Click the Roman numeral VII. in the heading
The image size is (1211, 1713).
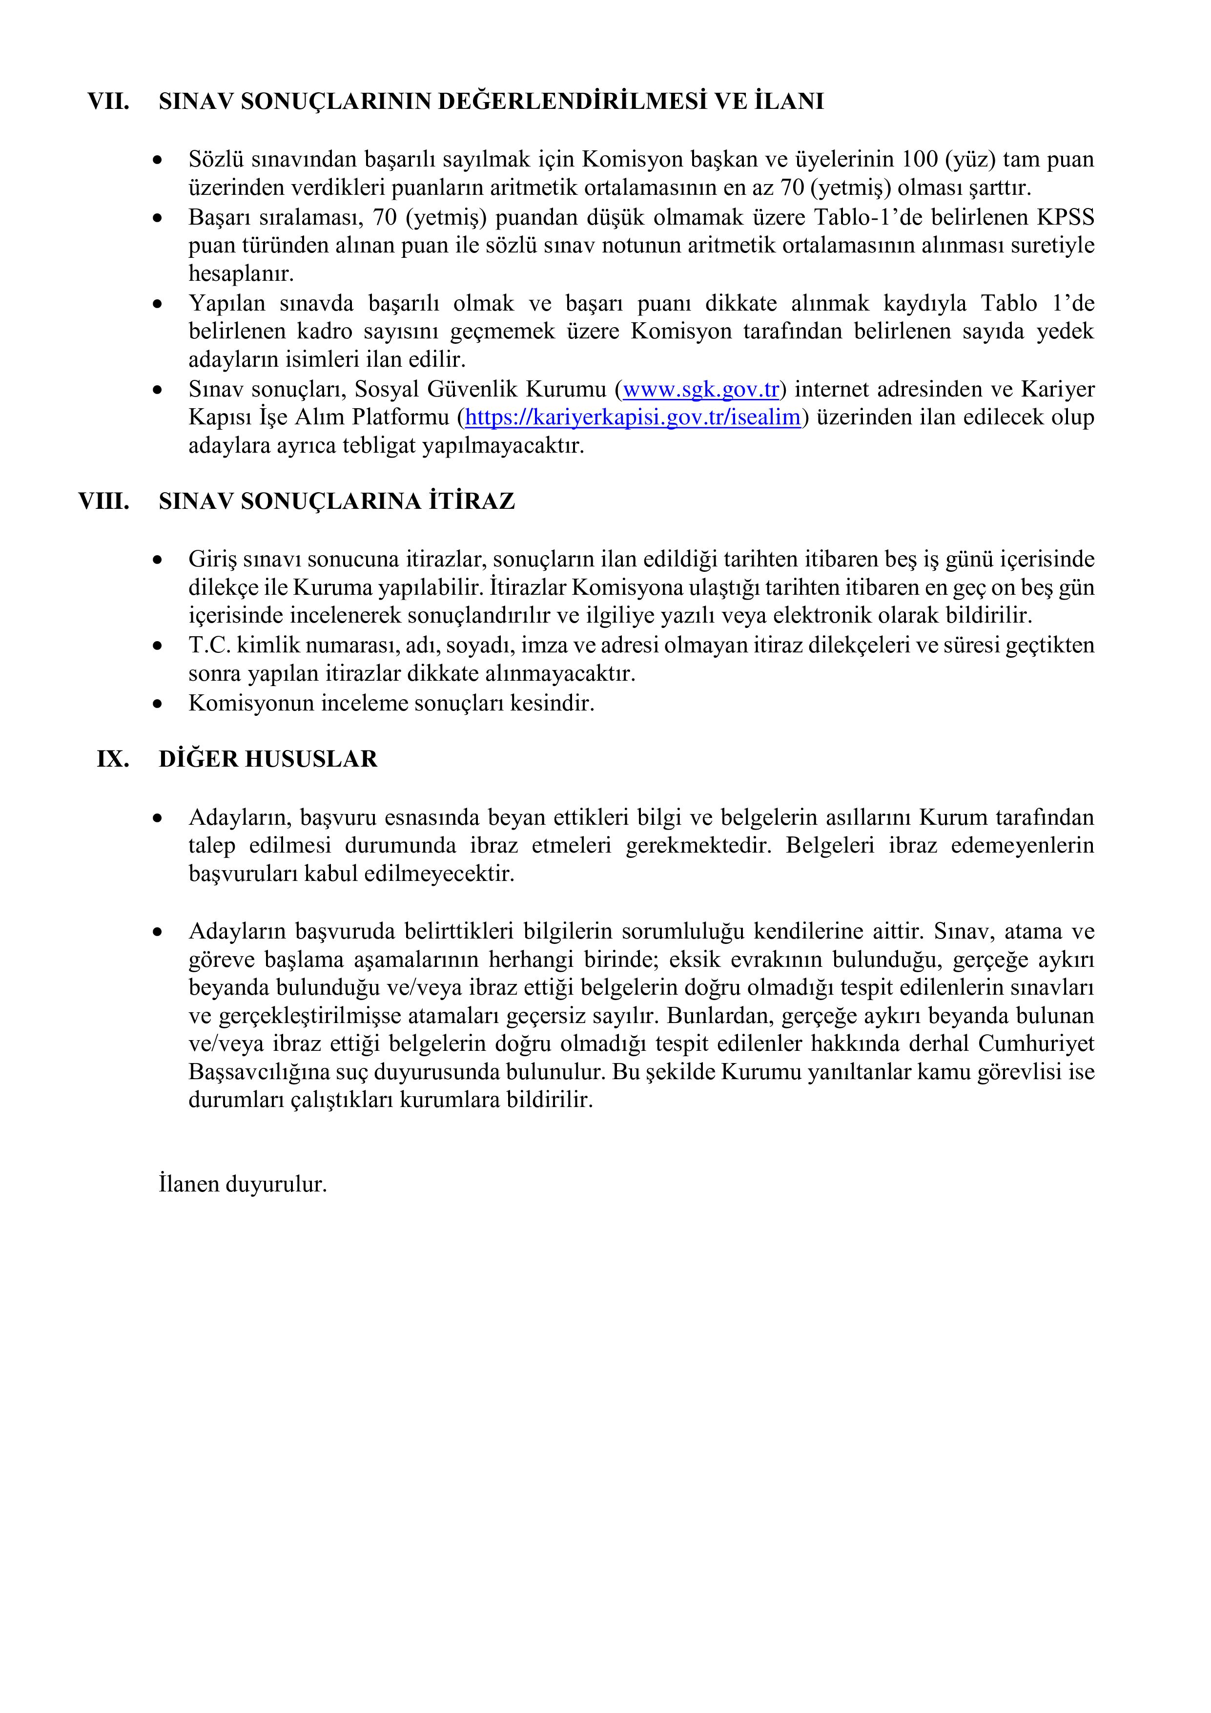tap(108, 102)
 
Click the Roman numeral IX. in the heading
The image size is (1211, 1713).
tap(113, 759)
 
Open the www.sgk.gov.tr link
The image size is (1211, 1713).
tap(700, 390)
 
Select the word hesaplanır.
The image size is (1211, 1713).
tap(241, 274)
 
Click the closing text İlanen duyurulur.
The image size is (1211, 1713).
tap(243, 1184)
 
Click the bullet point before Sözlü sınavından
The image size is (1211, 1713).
tap(157, 160)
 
